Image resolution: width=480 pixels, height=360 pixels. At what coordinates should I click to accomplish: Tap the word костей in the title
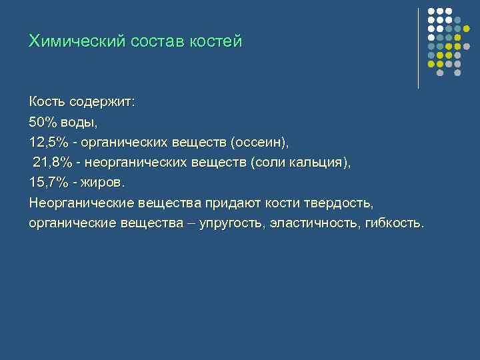214,41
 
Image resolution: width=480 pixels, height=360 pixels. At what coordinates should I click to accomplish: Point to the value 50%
43,123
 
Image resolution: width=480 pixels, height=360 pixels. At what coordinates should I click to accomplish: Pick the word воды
79,123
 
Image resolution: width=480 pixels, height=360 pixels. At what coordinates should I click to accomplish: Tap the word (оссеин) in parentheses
260,143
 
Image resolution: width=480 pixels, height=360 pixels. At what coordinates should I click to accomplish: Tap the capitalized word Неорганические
81,202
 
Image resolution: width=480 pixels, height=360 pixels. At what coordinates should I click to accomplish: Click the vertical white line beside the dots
418,48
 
